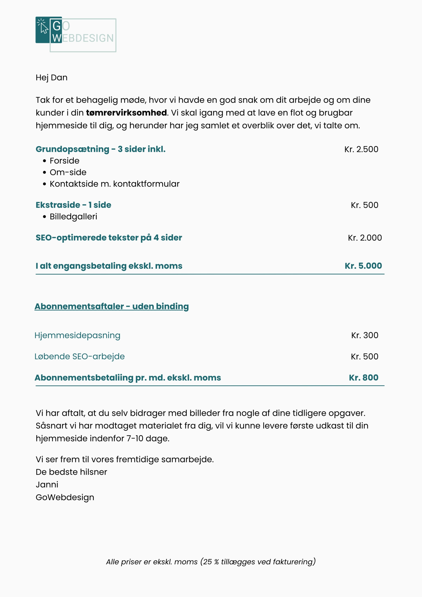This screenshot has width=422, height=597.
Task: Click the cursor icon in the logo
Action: tap(43, 27)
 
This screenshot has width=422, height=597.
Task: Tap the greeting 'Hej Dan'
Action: tap(52, 77)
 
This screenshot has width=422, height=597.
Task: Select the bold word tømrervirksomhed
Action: tap(126, 113)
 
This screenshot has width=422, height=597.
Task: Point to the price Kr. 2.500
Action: tap(361, 149)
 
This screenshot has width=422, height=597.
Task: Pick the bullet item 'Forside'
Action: tap(65, 161)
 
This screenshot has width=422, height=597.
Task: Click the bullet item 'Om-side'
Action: tap(68, 172)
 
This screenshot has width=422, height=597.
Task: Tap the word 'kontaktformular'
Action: tap(146, 184)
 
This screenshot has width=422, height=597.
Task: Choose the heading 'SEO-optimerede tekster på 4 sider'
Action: tap(109, 237)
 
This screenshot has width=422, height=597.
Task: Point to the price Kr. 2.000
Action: tap(365, 238)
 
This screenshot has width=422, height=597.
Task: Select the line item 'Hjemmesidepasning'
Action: tap(77, 335)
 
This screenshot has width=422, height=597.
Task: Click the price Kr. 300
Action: tap(365, 335)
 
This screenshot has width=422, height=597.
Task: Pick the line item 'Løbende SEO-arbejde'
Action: tap(80, 356)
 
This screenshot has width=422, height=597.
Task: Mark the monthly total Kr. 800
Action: tap(363, 377)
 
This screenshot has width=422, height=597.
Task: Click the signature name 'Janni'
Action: tap(47, 484)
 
